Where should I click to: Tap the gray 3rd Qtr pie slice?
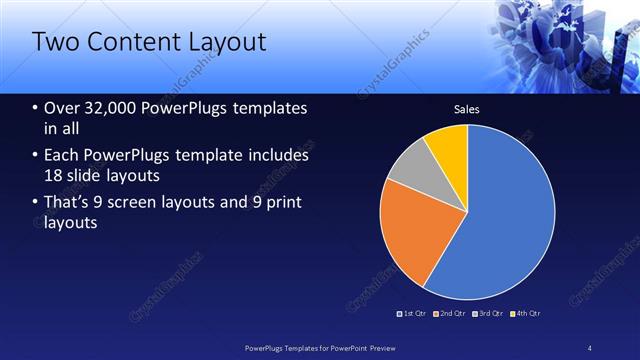409,166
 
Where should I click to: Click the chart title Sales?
467,109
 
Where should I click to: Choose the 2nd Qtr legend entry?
451,313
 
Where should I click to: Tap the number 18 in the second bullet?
55,177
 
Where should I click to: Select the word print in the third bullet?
283,203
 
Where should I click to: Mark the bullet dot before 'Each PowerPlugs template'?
36,156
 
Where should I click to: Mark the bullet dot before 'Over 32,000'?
36,108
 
